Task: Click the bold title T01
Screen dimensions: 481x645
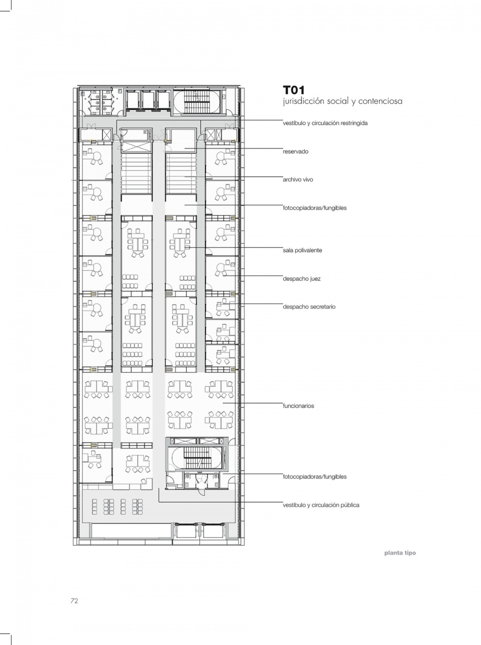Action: tap(294, 90)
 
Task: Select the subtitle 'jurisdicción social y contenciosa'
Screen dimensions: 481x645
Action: tap(342, 101)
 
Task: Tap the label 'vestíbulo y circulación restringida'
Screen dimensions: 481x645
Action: tap(325, 123)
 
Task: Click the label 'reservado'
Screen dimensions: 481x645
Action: tap(295, 152)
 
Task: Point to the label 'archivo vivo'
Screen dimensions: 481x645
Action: tap(298, 179)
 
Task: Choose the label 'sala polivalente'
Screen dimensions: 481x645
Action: tap(303, 250)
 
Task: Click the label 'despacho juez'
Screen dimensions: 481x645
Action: tap(302, 279)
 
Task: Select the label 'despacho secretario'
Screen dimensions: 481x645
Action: tap(309, 307)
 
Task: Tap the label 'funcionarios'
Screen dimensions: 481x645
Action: tap(299, 406)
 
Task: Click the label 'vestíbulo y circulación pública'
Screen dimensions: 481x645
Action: tap(321, 505)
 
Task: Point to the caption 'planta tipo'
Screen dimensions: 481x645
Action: tap(400, 553)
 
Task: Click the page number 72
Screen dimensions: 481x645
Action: tap(74, 601)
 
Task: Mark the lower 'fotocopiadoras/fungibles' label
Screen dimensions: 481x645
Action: tap(315, 477)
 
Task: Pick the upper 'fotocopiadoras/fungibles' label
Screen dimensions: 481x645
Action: tap(315, 208)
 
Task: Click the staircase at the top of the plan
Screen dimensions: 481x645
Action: tap(196, 101)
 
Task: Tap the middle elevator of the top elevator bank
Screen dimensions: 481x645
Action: tap(149, 100)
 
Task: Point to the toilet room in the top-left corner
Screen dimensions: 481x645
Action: tap(99, 102)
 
